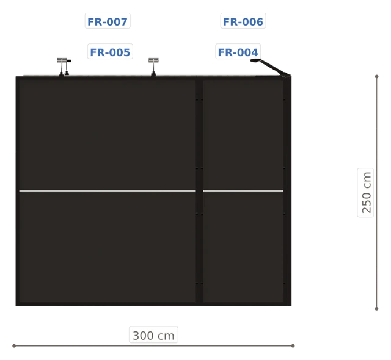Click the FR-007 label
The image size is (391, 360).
[x=108, y=21]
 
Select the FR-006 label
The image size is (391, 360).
[x=243, y=21]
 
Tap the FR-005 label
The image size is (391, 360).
[x=110, y=52]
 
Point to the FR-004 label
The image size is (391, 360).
[x=238, y=52]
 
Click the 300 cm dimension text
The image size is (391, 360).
[x=153, y=336]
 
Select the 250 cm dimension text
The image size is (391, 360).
[x=366, y=192]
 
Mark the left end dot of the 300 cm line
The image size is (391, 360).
[x=14, y=345]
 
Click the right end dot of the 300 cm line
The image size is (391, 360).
[x=293, y=345]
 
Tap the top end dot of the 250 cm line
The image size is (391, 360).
[x=376, y=76]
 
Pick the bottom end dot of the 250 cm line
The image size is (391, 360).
[x=376, y=309]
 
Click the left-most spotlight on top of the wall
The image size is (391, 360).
[x=64, y=67]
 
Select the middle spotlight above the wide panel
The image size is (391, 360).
[x=153, y=67]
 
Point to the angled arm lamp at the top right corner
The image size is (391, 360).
[x=271, y=67]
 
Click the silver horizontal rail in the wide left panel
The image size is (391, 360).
[x=108, y=191]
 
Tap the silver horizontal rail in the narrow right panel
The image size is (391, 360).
[x=243, y=191]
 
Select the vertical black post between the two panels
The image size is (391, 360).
[x=200, y=191]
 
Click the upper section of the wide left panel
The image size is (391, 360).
[x=108, y=135]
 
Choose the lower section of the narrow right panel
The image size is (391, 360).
[x=243, y=247]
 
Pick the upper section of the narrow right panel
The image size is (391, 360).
[x=243, y=135]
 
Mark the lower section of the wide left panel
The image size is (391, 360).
[x=108, y=247]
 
